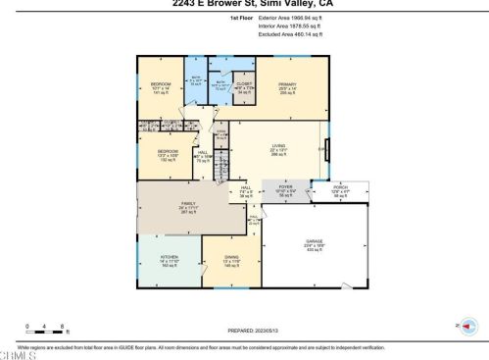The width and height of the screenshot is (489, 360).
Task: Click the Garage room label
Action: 315,240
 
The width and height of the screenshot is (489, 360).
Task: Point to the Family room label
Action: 160,207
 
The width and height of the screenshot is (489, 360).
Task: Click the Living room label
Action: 278,149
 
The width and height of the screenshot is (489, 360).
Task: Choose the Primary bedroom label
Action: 287,86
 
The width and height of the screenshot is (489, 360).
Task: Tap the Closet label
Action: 245,87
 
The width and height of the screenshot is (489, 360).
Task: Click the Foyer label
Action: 285,191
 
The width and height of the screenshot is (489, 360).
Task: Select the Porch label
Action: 340,191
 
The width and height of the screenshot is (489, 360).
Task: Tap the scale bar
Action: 47,332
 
